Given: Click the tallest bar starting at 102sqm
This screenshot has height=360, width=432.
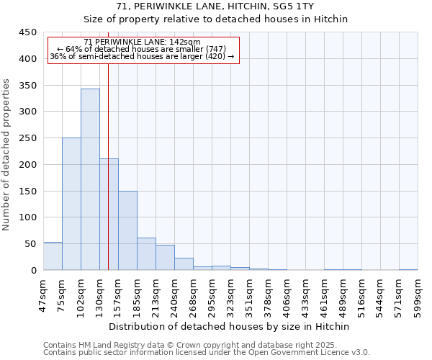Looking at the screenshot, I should coord(90,179).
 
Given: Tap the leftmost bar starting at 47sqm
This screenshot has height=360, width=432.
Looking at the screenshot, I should coord(53,256).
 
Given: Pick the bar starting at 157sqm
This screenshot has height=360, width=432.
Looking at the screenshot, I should coord(127,230).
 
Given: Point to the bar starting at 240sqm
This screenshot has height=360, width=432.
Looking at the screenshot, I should coord(184,264).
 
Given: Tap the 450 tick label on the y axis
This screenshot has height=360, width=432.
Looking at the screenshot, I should coord(28,32).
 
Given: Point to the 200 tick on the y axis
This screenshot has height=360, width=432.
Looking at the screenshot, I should coord(28,165).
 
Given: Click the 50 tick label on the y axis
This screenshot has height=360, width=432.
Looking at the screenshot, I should coord(31,244).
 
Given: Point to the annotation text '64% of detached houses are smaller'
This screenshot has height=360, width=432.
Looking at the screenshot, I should coord(142,49).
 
